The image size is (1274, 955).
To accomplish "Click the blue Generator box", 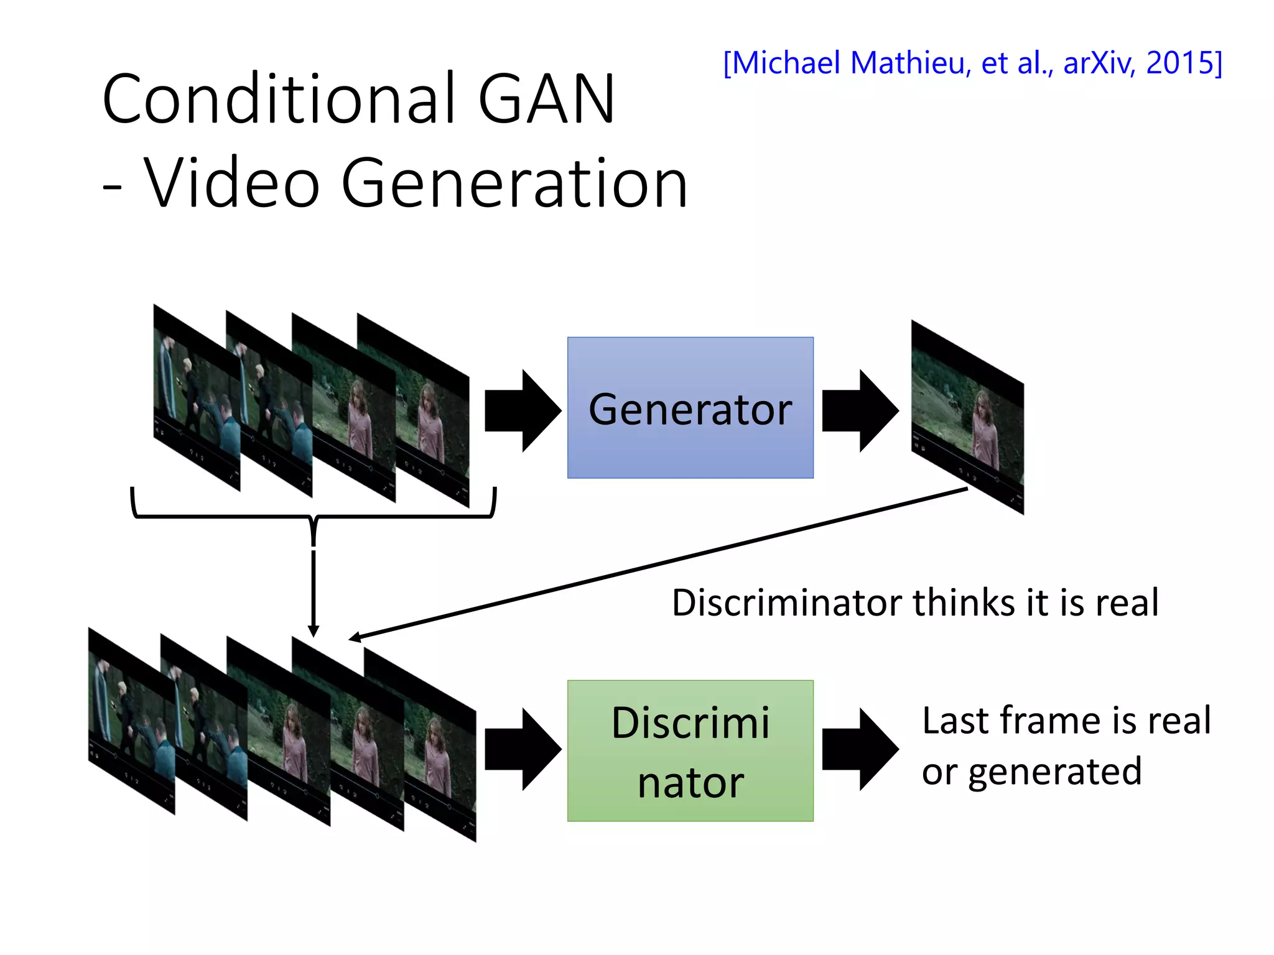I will point(690,407).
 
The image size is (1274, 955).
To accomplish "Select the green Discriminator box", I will point(690,750).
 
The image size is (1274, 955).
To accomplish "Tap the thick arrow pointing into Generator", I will point(523,410).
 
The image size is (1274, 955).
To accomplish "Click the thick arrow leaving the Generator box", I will point(860,410).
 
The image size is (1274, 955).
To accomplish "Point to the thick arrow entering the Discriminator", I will point(523,749).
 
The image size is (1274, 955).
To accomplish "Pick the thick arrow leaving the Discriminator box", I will point(860,749).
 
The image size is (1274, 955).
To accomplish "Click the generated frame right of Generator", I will point(967,417).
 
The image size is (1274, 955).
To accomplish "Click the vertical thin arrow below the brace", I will point(314,591).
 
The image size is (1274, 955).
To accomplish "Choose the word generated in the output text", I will point(1055,773).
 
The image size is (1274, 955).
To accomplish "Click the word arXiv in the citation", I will point(1099,63).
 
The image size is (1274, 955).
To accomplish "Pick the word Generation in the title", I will point(515,183).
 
